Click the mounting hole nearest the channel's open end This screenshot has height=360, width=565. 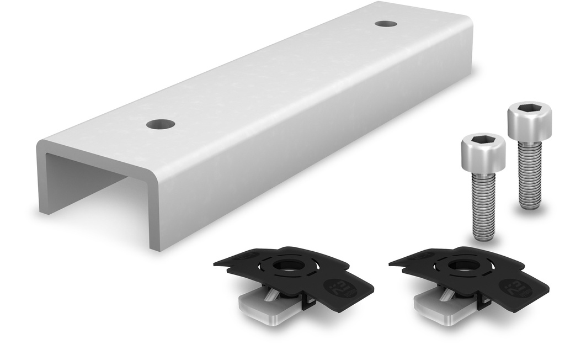click(x=161, y=124)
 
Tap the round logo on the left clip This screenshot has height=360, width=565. click(x=338, y=287)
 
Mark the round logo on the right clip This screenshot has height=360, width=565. click(x=513, y=287)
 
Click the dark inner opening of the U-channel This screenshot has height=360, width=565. click(x=83, y=177)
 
